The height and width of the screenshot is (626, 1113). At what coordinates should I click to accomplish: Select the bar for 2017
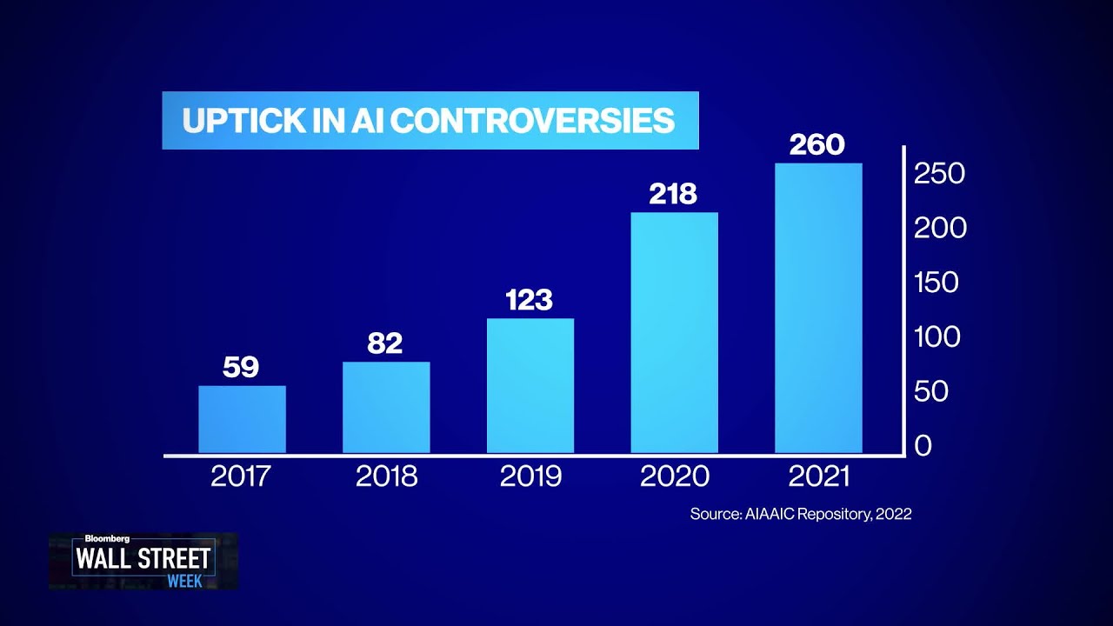point(242,419)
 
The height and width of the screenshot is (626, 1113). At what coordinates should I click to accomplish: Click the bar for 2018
point(386,407)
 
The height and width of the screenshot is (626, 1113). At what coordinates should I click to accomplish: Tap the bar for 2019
point(530,385)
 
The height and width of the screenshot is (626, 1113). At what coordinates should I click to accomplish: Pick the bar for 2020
point(675,332)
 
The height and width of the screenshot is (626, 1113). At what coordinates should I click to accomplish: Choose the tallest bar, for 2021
point(818,308)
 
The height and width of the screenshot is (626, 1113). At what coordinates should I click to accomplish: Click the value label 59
point(241,367)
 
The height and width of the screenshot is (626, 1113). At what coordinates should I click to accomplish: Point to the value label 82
point(385,343)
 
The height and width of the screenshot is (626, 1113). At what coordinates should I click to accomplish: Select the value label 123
point(529,300)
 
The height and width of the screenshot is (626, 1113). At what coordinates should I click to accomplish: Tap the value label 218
point(673,194)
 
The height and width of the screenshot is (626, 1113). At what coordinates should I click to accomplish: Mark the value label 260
point(817,144)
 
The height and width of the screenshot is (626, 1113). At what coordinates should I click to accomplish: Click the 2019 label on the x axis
point(530,476)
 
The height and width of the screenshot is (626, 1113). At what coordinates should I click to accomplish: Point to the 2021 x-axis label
point(818,476)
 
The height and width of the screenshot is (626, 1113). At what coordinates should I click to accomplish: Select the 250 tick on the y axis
point(940,174)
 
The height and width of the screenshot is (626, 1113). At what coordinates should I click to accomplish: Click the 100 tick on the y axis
point(937,336)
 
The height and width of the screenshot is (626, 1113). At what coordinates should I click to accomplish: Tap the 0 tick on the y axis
point(923,445)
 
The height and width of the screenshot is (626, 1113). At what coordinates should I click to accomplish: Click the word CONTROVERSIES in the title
point(532,121)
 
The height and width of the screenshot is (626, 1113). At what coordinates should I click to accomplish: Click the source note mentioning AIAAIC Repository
point(800,514)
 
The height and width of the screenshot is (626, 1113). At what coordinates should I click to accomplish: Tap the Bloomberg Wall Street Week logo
point(143,561)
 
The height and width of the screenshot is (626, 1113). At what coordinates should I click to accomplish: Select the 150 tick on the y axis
point(936,283)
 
